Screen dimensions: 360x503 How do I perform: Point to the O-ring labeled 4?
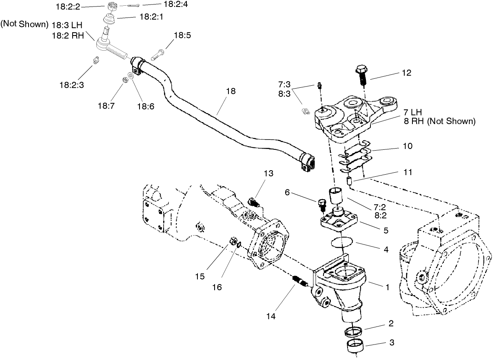[341, 242]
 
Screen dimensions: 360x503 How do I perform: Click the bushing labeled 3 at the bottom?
[355, 347]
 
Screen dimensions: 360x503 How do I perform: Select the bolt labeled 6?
[321, 204]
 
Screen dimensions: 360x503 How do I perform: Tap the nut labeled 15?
[234, 241]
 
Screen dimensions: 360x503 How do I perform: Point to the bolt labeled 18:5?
[158, 53]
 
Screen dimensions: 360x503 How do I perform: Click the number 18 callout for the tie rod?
[231, 91]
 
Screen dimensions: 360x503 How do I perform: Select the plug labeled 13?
[253, 202]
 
